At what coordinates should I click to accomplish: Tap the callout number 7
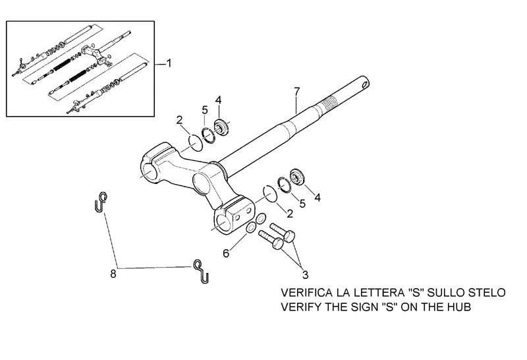coord(297,90)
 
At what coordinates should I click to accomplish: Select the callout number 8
coord(113,273)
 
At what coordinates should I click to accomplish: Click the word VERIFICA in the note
coord(308,293)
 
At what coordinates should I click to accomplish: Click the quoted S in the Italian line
coord(418,293)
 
